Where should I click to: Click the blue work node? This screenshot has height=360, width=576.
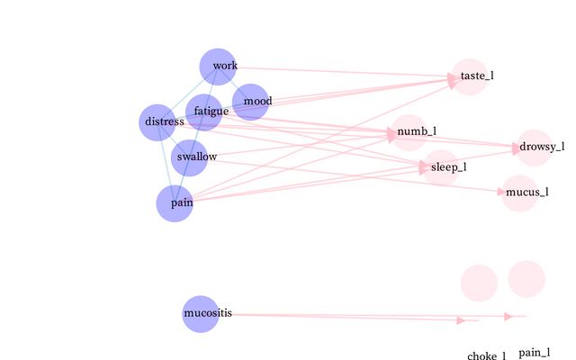(218, 66)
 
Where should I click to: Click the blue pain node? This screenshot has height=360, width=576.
(175, 203)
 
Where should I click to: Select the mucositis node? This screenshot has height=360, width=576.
(201, 314)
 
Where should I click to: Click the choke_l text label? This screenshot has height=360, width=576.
(487, 356)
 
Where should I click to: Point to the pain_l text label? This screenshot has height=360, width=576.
(535, 353)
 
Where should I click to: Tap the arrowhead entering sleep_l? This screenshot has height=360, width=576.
(424, 166)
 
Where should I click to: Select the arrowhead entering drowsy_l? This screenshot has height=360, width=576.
(517, 147)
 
